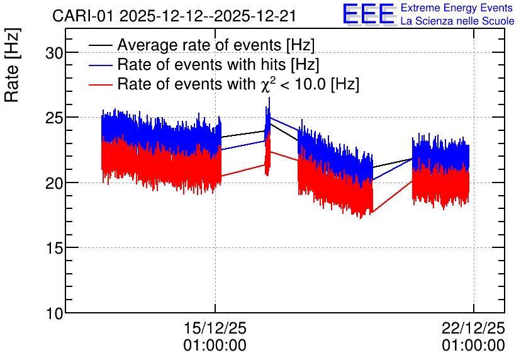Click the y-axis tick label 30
[53, 53]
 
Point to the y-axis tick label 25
[53, 118]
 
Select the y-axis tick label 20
[53, 183]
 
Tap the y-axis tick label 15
[53, 248]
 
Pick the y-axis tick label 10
[53, 313]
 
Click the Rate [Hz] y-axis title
[12, 65]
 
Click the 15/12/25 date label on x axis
[215, 328]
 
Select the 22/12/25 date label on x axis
[473, 328]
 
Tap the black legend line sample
[100, 45]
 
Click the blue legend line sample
[100, 65]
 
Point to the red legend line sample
[100, 84]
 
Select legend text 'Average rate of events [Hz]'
[216, 45]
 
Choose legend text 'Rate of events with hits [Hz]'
[218, 64]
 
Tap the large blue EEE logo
[369, 14]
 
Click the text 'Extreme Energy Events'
[457, 8]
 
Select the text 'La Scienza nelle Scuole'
[457, 21]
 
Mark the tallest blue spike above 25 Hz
[269, 98]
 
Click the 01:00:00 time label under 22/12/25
[473, 346]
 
